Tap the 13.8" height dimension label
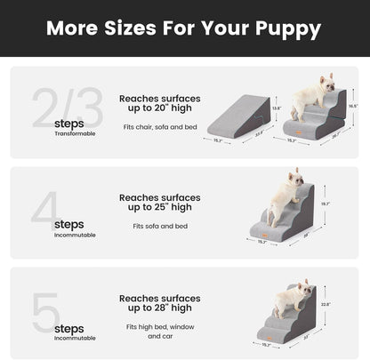[276, 108]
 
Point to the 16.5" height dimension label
[353, 105]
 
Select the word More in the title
[75, 29]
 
